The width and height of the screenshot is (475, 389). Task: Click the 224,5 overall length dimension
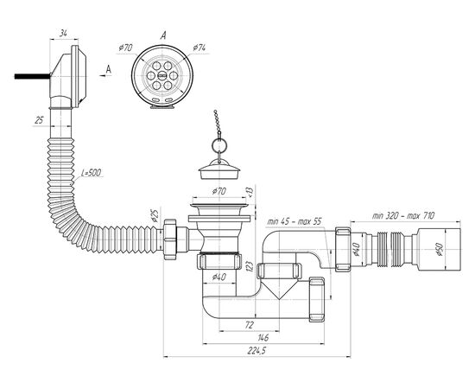[x=256, y=351]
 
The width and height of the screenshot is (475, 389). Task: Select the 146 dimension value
[x=263, y=337]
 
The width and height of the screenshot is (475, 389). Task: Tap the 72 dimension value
[x=249, y=325]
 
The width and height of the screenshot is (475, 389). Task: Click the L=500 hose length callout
[x=92, y=173]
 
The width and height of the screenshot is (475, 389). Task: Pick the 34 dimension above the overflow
[x=63, y=33]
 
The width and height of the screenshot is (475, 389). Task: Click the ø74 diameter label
[x=199, y=48]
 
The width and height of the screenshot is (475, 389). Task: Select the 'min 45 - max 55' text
[x=294, y=221]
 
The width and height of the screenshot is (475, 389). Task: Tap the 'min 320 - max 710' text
[x=403, y=215]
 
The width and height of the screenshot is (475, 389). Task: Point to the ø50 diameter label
[x=440, y=249]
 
